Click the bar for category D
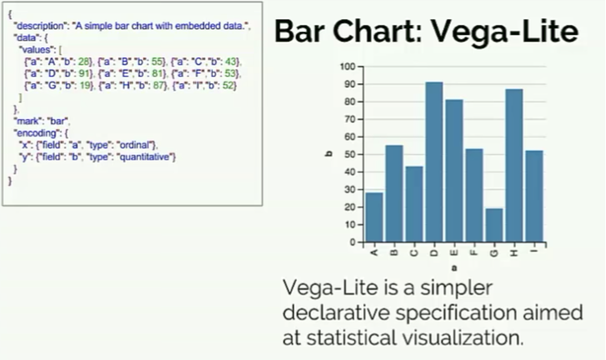coord(434,162)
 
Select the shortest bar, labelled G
coord(494,225)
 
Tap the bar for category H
coord(514,166)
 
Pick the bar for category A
coord(374,217)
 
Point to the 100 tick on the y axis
coord(348,67)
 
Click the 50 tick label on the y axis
coord(350,154)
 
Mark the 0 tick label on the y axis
coord(353,242)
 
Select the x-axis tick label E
coord(454,253)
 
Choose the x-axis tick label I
coord(534,252)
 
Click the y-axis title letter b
coord(329,154)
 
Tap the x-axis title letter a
coord(454,267)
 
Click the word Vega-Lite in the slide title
coord(505,32)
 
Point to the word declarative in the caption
coord(336,312)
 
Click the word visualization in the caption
coord(463,337)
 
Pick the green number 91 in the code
coord(84,73)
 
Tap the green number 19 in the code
coord(85,85)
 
